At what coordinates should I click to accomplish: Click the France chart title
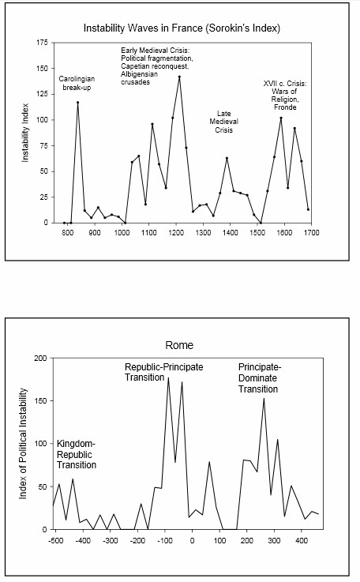pos(182,28)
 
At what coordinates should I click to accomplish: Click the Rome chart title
pos(179,345)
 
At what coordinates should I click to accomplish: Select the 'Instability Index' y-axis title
pos(25,133)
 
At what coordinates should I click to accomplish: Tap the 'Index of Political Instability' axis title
pos(23,444)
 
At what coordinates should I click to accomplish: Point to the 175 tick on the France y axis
pos(43,43)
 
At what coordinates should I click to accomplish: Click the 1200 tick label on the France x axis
pos(176,232)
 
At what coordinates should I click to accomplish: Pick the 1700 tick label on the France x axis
pos(312,232)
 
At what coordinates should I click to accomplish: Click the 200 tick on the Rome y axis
pos(41,359)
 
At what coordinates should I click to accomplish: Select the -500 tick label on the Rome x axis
pos(56,540)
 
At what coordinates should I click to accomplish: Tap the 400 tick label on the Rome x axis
pos(302,540)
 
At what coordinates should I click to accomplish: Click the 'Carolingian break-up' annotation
pos(77,83)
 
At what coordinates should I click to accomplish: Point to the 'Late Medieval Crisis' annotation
pos(223,122)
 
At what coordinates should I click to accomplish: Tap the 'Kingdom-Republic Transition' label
pos(77,454)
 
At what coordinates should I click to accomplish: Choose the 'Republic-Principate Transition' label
pos(163,372)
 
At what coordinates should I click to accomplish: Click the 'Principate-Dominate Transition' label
pos(260,377)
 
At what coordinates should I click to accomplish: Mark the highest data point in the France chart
pos(179,77)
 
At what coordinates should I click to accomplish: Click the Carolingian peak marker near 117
pos(77,103)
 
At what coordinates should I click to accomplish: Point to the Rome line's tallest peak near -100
pos(168,377)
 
